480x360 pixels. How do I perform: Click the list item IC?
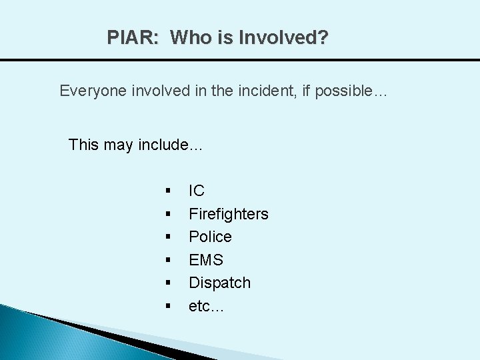point(197,191)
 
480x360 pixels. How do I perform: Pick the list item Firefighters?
point(229,214)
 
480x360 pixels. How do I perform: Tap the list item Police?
point(210,237)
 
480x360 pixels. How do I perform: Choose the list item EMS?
point(206,260)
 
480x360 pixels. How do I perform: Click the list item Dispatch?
point(219,283)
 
